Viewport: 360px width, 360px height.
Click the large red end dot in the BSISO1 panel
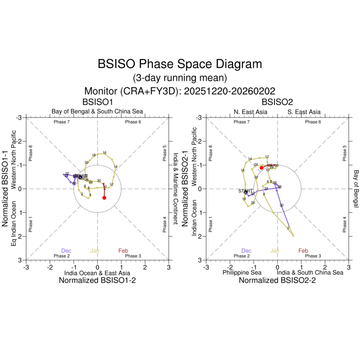click(x=104, y=198)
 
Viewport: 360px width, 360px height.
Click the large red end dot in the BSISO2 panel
click(x=262, y=168)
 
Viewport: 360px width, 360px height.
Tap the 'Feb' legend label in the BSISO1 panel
click(x=123, y=251)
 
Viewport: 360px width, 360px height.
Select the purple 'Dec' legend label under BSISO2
click(x=247, y=251)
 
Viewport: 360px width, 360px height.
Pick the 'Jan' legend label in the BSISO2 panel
click(x=275, y=251)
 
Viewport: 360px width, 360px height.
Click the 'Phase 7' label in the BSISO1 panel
click(x=62, y=122)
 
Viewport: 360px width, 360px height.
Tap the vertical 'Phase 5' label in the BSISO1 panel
click(x=165, y=153)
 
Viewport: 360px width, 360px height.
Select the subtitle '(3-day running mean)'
click(x=180, y=78)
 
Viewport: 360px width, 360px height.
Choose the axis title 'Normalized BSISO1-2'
click(x=97, y=281)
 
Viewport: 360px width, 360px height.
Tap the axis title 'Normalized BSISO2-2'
click(x=277, y=281)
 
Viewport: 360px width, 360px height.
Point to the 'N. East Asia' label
click(x=250, y=112)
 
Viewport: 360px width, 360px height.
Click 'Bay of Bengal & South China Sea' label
click(x=97, y=111)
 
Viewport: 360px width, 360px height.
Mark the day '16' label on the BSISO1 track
click(x=105, y=153)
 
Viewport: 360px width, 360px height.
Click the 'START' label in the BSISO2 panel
click(x=245, y=190)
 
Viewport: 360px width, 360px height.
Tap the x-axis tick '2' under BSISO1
click(x=145, y=267)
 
